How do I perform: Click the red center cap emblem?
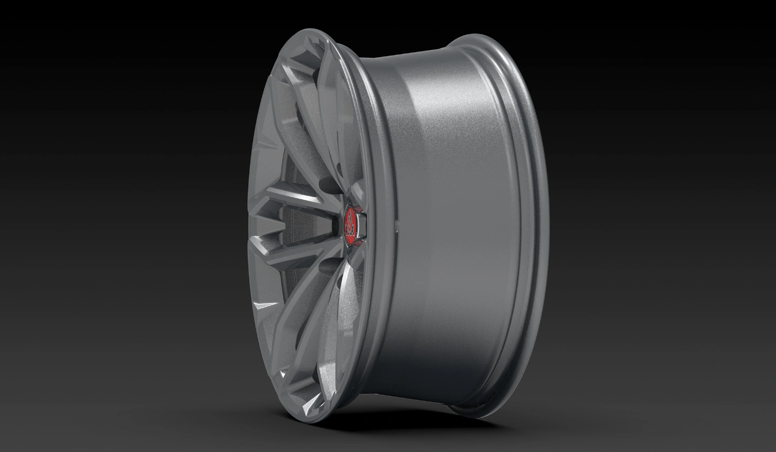(x=352, y=226)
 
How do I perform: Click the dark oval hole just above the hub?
(x=328, y=183)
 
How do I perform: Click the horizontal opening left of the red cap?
(x=335, y=226)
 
